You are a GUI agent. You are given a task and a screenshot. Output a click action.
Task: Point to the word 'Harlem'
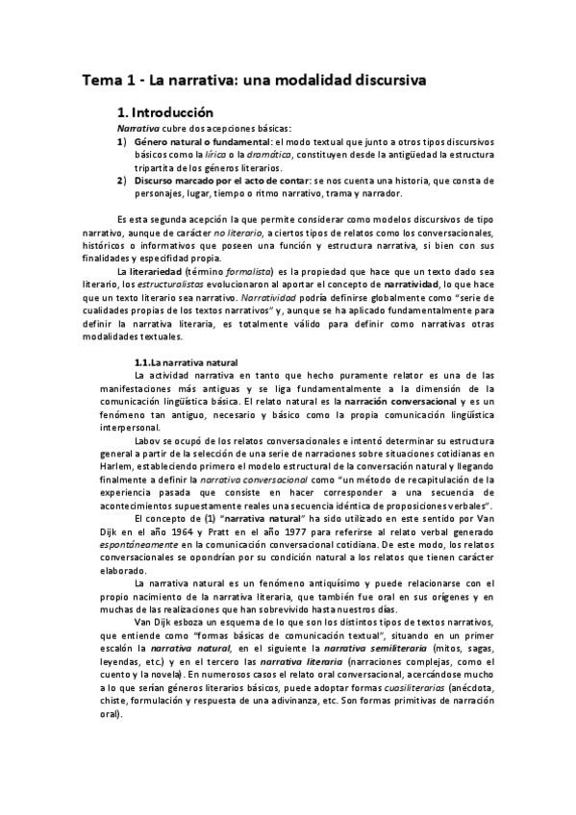click(x=98, y=466)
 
